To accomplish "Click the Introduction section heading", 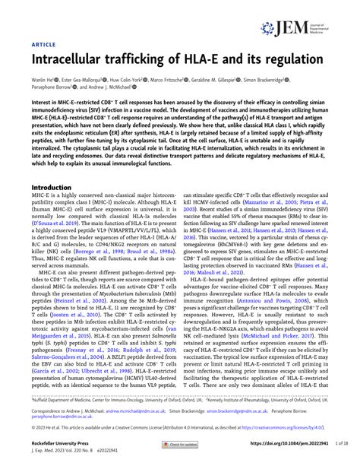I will (57, 187).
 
